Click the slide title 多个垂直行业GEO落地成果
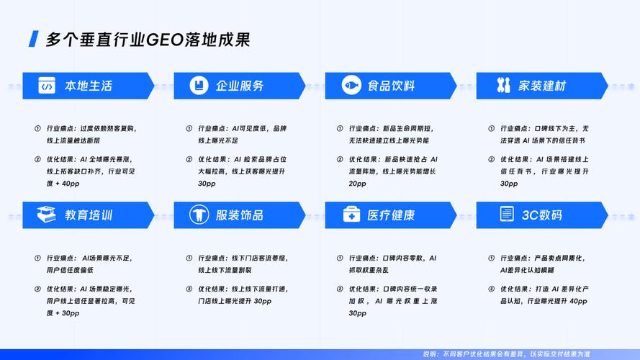tap(148, 40)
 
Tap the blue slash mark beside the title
tap(33, 39)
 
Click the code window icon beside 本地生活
tap(47, 85)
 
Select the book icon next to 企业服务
tap(199, 85)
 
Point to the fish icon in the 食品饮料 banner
tap(351, 85)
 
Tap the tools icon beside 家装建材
tap(503, 85)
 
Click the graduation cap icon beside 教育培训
tap(47, 215)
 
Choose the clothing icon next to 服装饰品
tap(199, 215)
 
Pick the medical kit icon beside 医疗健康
tap(351, 215)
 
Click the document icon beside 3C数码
tap(507, 214)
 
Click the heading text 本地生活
tap(89, 86)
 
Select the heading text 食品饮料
tap(391, 86)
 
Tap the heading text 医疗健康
tap(391, 215)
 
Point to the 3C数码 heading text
tap(541, 215)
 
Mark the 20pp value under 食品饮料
tap(358, 184)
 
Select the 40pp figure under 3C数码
tap(578, 301)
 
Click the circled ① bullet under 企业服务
tap(189, 129)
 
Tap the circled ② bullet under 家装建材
tap(492, 160)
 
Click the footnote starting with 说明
tap(507, 354)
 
